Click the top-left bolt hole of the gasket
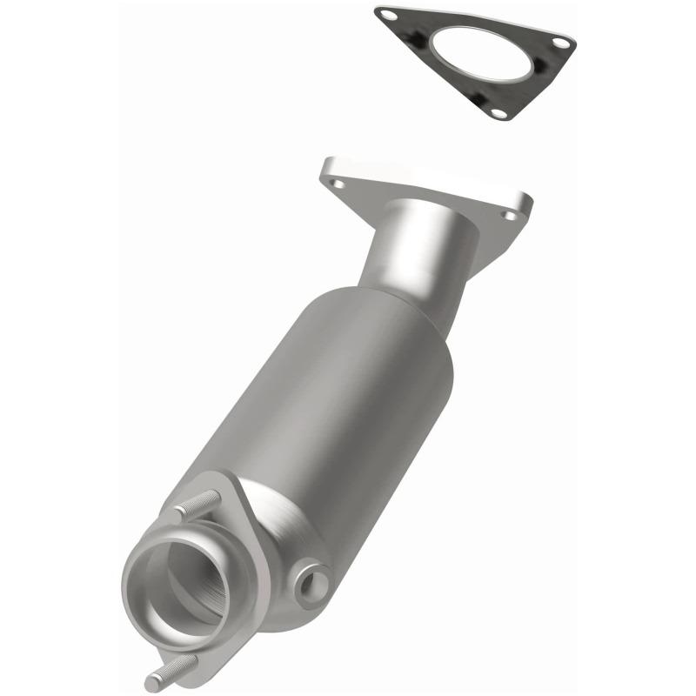pos(389,15)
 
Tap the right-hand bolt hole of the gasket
pos(561,43)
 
